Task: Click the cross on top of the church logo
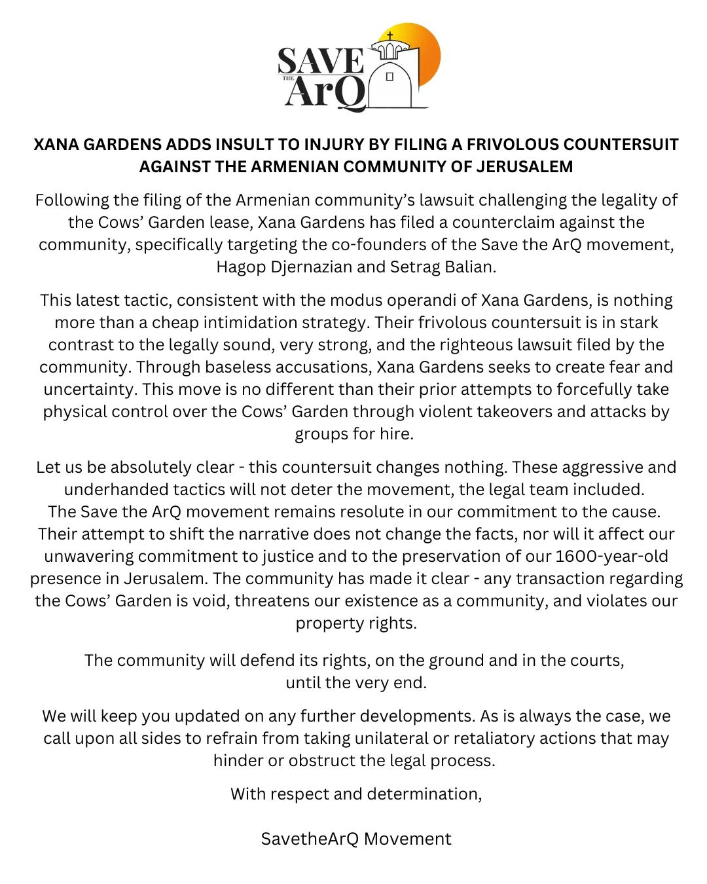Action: click(390, 37)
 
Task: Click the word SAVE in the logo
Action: click(321, 62)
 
